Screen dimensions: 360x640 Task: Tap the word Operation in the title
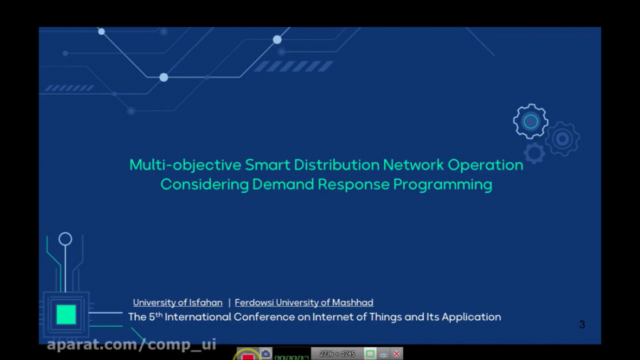(485, 165)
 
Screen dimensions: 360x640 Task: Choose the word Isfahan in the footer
(206, 302)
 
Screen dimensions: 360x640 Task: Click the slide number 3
(582, 324)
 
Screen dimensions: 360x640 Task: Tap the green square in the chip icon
(66, 314)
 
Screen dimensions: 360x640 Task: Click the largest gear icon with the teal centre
(530, 122)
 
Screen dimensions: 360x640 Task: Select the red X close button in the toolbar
(397, 354)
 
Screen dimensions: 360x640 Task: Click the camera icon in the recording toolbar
(265, 354)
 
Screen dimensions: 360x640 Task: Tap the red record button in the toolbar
(247, 355)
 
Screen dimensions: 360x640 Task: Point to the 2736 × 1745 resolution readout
(337, 354)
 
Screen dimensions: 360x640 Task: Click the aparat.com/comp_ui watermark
(132, 345)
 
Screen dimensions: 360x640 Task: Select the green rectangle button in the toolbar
(370, 354)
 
